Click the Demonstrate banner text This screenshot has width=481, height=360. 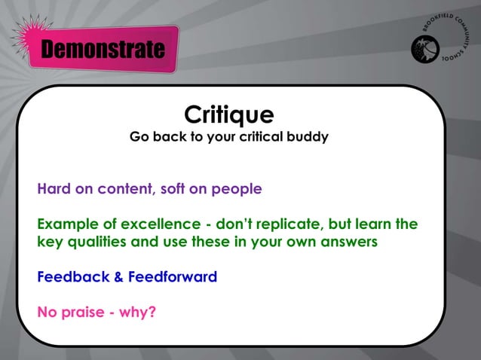pos(103,50)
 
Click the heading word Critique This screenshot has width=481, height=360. pos(228,115)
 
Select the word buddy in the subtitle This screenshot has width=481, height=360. pos(308,139)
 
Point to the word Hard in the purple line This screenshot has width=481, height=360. pos(53,189)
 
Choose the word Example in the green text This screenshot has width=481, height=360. pos(67,225)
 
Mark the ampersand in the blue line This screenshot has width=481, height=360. pos(118,276)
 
